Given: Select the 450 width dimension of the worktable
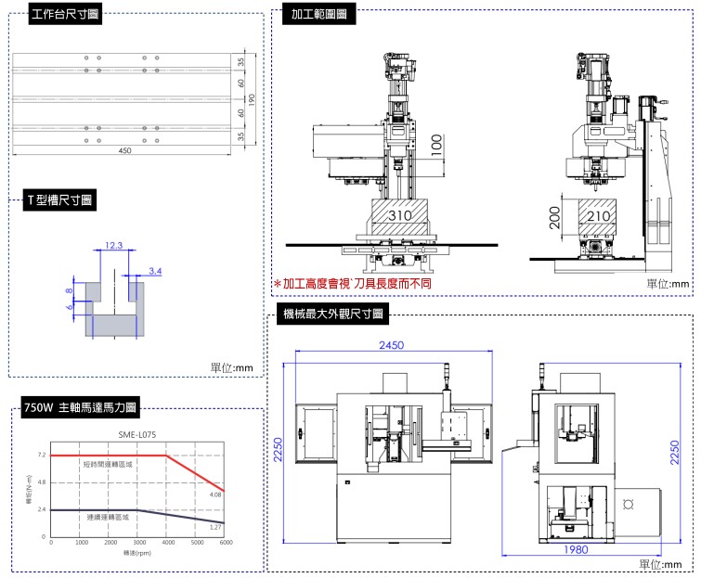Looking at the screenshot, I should [124, 151].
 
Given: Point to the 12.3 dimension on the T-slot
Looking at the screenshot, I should [113, 246].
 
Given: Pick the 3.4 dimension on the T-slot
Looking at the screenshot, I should [155, 271].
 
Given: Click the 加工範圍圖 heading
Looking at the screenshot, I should [318, 15].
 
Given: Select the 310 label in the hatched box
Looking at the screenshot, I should [399, 216].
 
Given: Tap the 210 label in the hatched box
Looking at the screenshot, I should [599, 216].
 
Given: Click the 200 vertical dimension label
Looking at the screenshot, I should [554, 218].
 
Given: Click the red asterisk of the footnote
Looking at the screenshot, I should [277, 284].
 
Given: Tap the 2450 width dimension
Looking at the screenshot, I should [391, 346].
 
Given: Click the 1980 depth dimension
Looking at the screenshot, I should [575, 550].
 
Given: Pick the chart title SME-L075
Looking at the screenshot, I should [137, 434].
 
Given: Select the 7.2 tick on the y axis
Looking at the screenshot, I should [42, 456].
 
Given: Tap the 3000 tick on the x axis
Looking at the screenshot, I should [138, 541].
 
